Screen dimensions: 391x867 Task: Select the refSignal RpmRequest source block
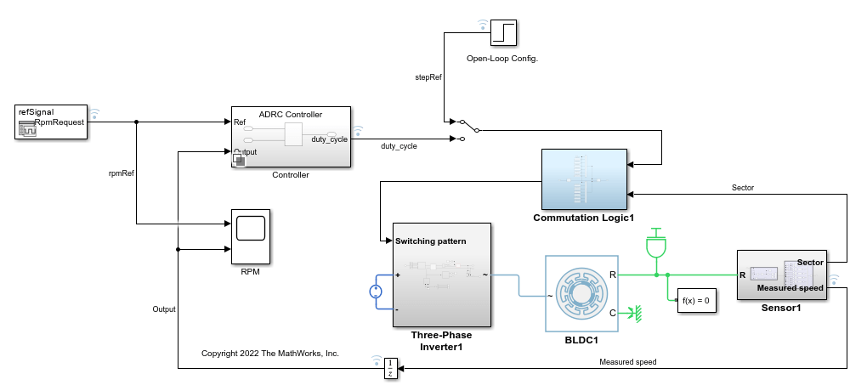pyautogui.click(x=51, y=122)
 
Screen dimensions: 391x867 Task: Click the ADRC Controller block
pyautogui.click(x=291, y=137)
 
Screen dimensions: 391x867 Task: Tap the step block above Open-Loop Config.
pyautogui.click(x=504, y=33)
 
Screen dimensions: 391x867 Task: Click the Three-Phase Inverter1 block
pyautogui.click(x=441, y=275)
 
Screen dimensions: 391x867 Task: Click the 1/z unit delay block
pyautogui.click(x=390, y=368)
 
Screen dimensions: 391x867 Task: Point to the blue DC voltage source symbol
pyautogui.click(x=376, y=292)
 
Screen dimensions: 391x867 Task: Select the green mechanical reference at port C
pyautogui.click(x=632, y=313)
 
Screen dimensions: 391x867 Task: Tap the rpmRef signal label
pyautogui.click(x=122, y=173)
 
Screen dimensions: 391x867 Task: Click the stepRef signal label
pyautogui.click(x=428, y=77)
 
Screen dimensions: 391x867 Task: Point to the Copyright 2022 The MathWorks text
pyautogui.click(x=270, y=352)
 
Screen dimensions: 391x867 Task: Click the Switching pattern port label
pyautogui.click(x=430, y=241)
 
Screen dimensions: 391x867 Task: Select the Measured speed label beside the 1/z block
pyautogui.click(x=627, y=362)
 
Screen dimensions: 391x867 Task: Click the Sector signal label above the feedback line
pyautogui.click(x=742, y=187)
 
